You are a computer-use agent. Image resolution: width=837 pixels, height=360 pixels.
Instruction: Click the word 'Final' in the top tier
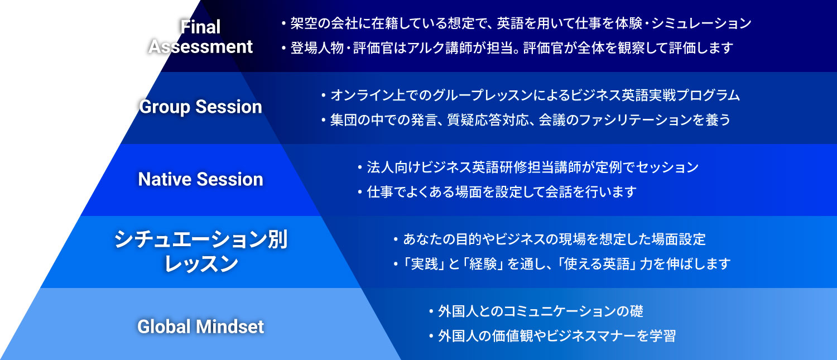click(x=200, y=27)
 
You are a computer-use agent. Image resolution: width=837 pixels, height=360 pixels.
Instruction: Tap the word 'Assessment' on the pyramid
click(x=200, y=47)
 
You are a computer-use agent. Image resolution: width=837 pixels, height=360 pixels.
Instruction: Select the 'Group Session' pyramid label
click(x=201, y=107)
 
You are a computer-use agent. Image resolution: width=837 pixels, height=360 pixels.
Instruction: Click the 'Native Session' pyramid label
click(x=201, y=179)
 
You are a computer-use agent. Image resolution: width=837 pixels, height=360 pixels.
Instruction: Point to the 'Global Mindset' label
click(x=201, y=327)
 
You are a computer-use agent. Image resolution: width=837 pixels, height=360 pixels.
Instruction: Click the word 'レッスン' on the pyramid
click(x=201, y=263)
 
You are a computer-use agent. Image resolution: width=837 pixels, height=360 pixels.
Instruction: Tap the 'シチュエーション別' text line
click(x=201, y=239)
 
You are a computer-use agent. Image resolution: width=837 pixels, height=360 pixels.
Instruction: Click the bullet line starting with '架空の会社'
click(x=516, y=23)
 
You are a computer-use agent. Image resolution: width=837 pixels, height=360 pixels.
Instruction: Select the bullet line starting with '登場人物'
click(x=507, y=48)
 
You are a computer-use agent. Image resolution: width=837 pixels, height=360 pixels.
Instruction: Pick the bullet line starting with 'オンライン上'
click(x=530, y=95)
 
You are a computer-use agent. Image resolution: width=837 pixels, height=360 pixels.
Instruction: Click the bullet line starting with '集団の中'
click(x=526, y=120)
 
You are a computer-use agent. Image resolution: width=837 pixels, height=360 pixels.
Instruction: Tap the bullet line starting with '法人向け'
click(x=528, y=167)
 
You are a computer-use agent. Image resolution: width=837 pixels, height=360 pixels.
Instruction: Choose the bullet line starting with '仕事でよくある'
click(x=497, y=192)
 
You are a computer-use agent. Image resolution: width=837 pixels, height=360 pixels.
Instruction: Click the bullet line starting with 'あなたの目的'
click(x=550, y=239)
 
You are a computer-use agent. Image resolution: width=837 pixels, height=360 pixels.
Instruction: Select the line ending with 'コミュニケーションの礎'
click(x=536, y=311)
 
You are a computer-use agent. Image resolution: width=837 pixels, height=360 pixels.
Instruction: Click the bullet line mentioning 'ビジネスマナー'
click(x=552, y=335)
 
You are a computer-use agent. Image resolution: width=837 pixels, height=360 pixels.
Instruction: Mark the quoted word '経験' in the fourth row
click(x=483, y=264)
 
